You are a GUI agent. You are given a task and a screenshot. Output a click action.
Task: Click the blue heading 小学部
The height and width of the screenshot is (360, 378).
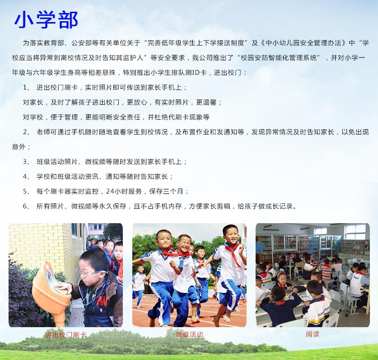pos(46,19)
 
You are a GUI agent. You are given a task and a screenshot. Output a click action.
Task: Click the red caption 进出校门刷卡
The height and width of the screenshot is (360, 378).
pos(66,335)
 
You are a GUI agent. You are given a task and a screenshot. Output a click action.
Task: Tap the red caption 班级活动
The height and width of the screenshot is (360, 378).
pos(189,334)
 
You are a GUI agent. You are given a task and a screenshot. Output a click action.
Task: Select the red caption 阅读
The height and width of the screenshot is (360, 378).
pos(312,334)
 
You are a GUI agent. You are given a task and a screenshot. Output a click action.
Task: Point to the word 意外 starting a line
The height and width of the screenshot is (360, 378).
pos(19,147)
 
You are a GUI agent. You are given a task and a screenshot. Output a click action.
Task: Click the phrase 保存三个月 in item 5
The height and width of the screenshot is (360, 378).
pos(166,191)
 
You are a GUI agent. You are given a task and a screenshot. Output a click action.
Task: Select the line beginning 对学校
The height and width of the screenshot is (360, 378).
pos(116,117)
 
